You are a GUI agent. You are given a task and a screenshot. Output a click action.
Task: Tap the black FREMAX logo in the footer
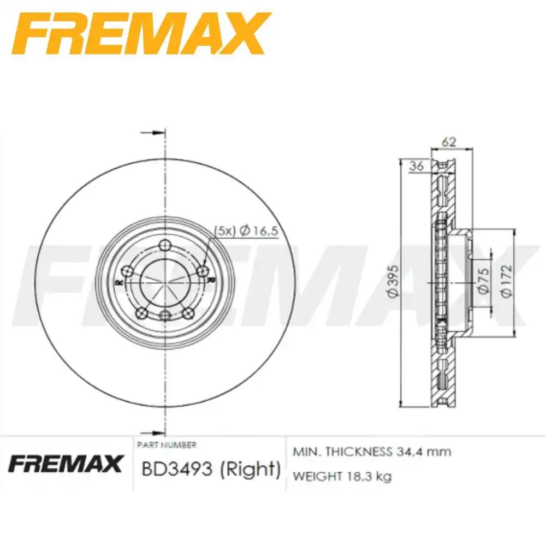pos(66,464)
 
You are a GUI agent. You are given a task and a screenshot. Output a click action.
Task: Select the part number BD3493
pos(177,468)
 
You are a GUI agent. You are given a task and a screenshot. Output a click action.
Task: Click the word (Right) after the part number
pos(250,469)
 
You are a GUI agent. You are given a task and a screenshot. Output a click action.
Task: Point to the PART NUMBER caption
pos(167,444)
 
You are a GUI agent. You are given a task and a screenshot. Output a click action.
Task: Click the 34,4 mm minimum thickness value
pos(424,452)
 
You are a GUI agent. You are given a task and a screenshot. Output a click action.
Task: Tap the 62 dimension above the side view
pos(448,142)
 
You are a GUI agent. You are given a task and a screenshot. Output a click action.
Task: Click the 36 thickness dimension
pos(417,166)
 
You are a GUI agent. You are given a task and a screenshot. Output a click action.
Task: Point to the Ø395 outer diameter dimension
pos(394,281)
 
